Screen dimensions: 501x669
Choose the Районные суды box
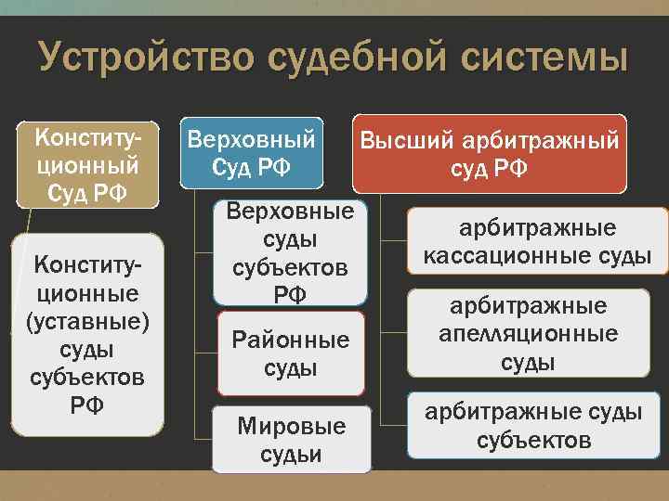coord(291,353)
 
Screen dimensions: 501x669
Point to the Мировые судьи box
coord(291,440)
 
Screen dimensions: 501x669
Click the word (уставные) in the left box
coord(87,324)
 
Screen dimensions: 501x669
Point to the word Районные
coord(291,340)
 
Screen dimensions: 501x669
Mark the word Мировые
coord(291,427)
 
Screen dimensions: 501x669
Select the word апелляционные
coord(533,334)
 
